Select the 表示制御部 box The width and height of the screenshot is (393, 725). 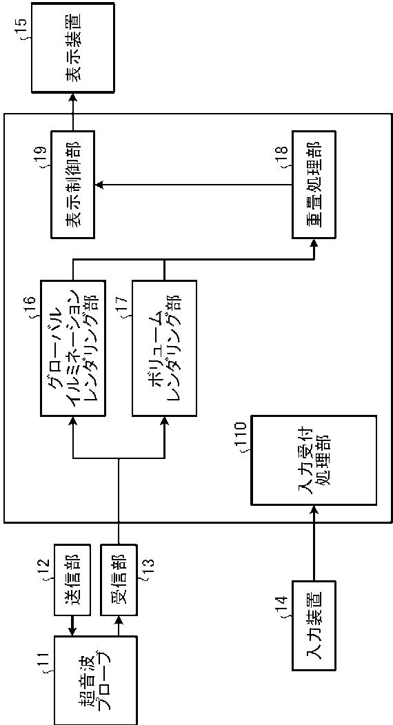pos(72,185)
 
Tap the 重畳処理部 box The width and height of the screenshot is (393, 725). pos(314,185)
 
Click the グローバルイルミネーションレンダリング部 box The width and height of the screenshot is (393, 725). pos(72,347)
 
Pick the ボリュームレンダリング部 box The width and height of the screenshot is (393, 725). pos(163,347)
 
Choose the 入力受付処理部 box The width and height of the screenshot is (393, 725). pos(314,460)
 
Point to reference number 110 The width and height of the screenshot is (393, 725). pos(245,442)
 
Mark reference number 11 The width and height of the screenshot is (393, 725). pos(49,659)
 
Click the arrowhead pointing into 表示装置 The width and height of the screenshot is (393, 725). pos(72,98)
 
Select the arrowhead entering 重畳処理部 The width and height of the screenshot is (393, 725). pos(314,244)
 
